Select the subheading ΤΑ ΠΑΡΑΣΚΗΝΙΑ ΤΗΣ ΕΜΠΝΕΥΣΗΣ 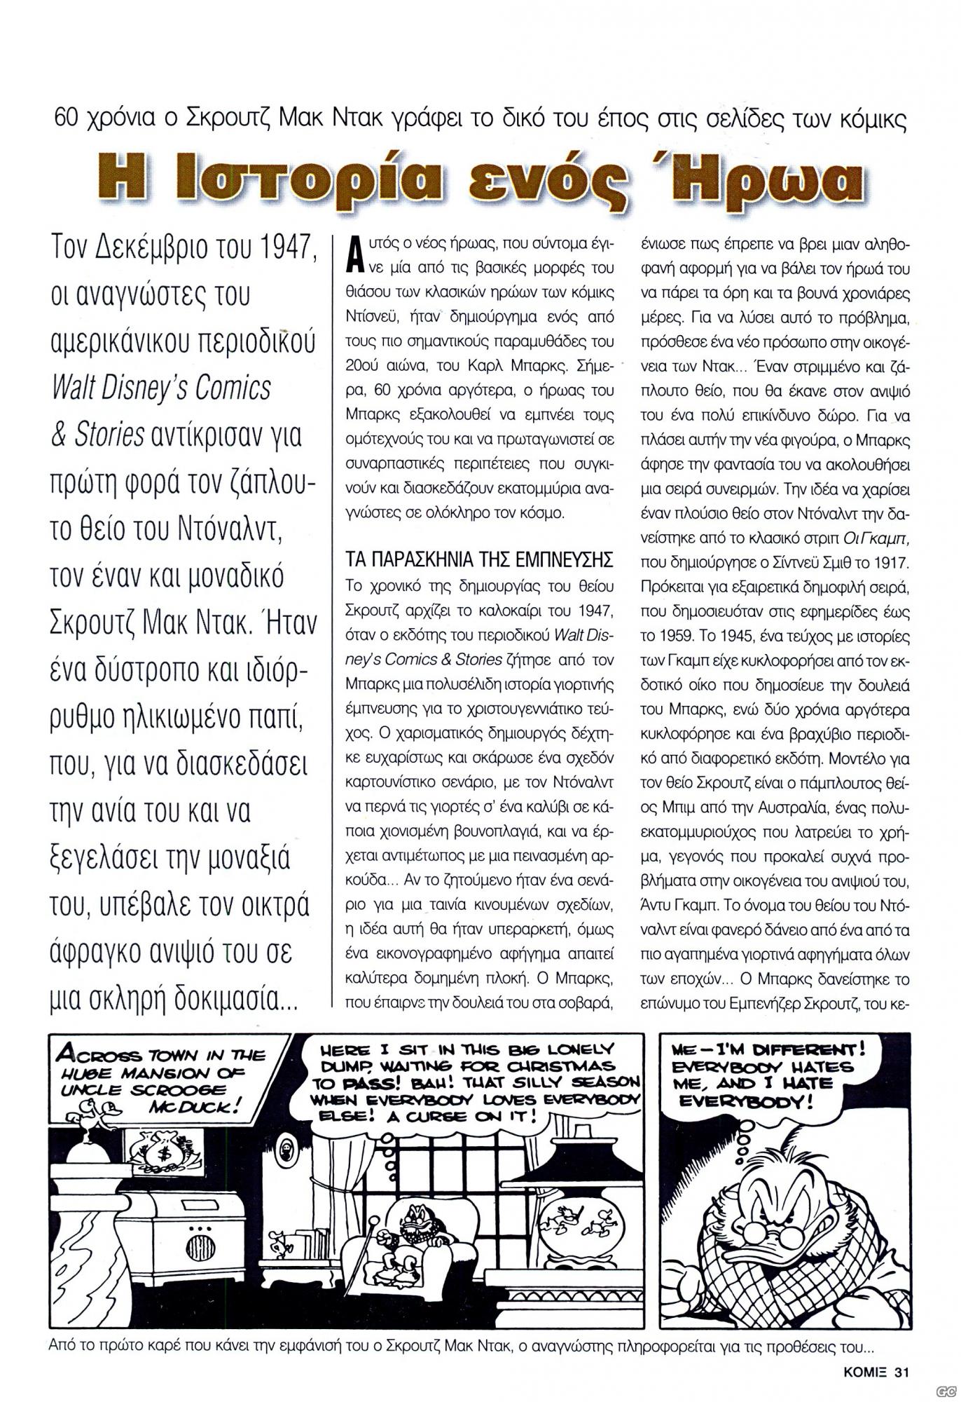pyautogui.click(x=480, y=561)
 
